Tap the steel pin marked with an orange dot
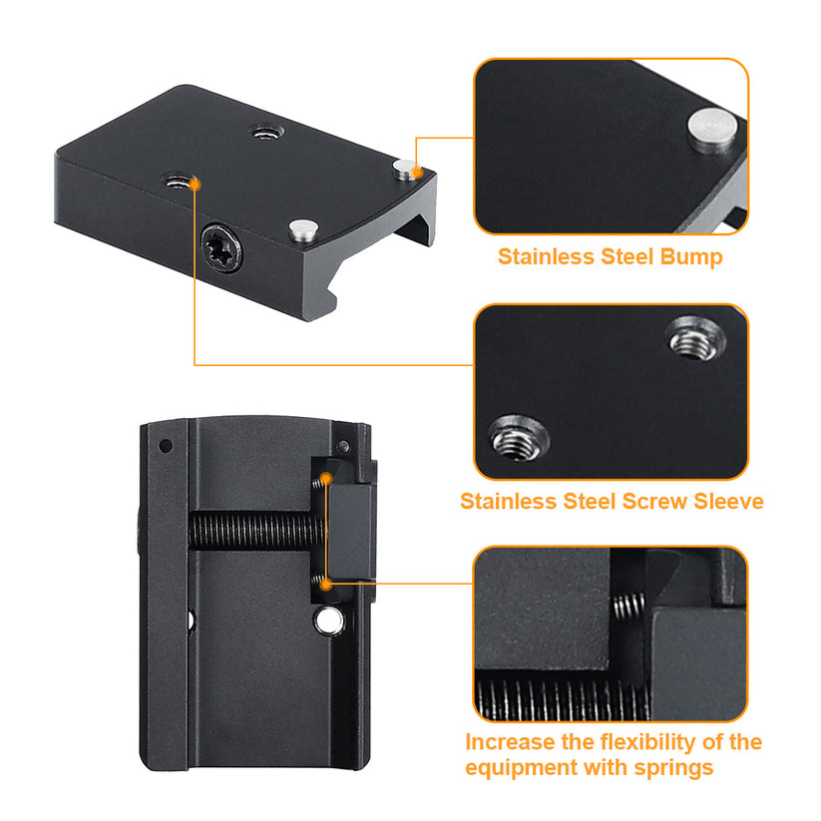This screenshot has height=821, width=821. [404, 169]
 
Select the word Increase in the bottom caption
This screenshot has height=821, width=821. [508, 742]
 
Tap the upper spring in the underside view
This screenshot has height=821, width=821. [320, 483]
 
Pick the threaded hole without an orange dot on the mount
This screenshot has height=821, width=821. [264, 131]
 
